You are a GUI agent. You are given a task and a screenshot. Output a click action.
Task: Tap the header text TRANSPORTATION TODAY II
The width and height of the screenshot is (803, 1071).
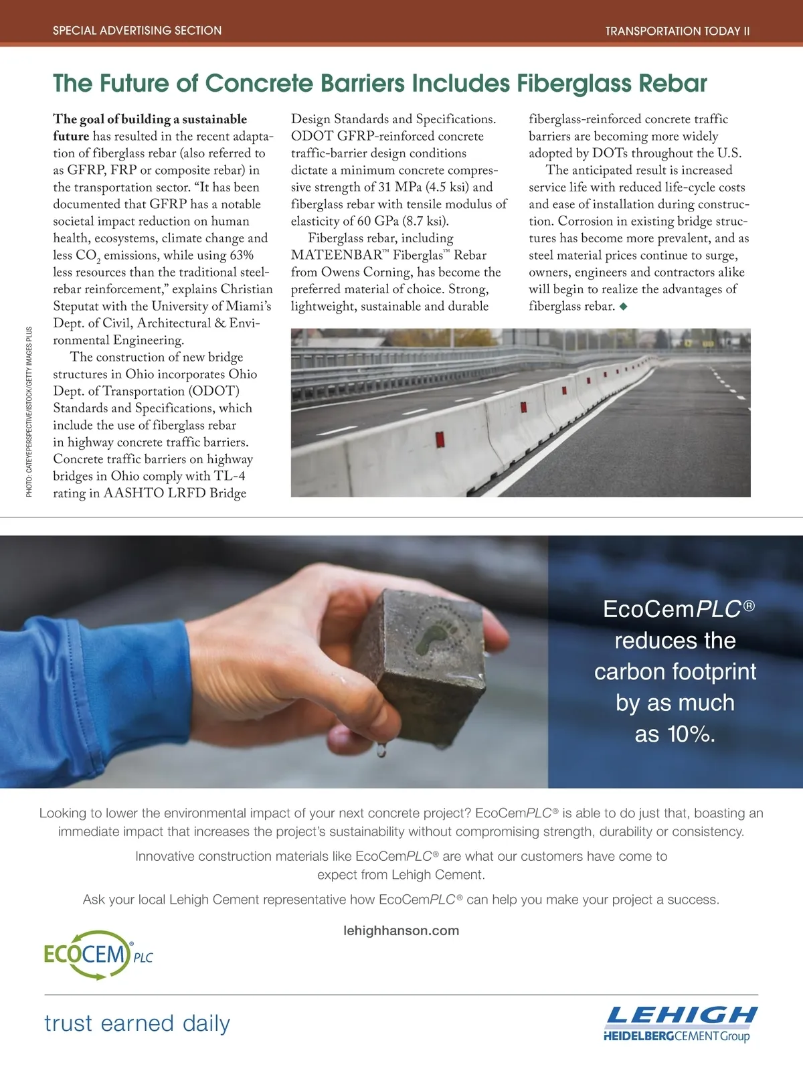(677, 31)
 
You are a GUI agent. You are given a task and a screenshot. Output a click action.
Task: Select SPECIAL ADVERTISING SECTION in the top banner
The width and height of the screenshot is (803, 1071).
(137, 31)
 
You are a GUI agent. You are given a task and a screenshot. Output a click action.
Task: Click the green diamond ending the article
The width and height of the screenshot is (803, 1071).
(624, 307)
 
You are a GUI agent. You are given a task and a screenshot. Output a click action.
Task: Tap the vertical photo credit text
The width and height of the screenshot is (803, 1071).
(29, 412)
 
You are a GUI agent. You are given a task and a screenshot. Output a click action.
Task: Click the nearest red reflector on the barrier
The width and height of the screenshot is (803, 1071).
(440, 439)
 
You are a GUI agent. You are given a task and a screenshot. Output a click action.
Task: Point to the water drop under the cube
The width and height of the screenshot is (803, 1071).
(381, 750)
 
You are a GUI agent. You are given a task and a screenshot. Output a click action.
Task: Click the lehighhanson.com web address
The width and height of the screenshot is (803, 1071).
(401, 930)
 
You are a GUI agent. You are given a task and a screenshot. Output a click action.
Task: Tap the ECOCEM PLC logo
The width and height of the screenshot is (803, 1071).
(98, 955)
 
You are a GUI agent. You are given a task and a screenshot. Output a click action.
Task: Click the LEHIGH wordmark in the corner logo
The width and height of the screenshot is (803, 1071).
(681, 1015)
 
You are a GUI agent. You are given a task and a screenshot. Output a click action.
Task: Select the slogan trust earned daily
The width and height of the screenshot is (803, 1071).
(137, 1023)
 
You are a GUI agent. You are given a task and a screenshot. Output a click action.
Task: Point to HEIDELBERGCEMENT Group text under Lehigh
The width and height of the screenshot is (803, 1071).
(677, 1037)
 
